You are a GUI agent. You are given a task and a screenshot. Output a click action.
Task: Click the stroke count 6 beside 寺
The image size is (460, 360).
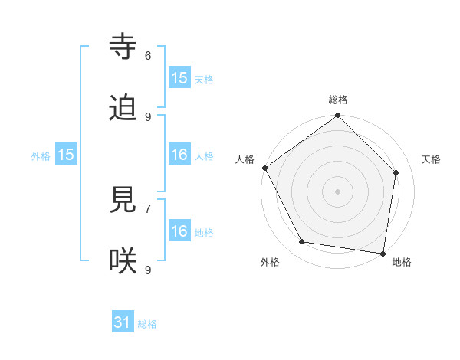[148, 55]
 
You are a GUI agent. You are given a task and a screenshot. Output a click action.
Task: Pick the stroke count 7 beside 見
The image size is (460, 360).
[148, 208]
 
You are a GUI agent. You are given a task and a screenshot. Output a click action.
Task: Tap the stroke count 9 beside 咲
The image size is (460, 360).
[148, 270]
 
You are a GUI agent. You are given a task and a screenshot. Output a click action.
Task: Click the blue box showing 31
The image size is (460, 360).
[123, 323]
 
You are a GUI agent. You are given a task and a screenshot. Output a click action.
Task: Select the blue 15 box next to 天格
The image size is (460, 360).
[179, 78]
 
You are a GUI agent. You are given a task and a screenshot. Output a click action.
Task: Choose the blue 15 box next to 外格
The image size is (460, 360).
[66, 155]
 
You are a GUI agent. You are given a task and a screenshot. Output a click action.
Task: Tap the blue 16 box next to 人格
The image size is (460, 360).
[179, 155]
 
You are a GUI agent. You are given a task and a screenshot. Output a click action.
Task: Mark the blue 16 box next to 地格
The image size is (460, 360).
[179, 231]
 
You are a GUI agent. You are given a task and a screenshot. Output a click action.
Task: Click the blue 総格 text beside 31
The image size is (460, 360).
[147, 324]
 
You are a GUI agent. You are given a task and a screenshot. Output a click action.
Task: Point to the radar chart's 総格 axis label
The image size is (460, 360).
[338, 100]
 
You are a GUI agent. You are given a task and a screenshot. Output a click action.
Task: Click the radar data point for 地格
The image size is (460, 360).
[383, 253]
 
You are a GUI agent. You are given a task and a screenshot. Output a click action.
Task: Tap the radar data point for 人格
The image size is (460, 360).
[264, 168]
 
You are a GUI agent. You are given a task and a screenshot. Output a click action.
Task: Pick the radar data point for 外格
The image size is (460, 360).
[302, 242]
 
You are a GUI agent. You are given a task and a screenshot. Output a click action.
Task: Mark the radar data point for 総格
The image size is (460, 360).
[338, 116]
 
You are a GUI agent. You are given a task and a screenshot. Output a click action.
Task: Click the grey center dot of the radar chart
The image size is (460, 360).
[338, 191]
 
